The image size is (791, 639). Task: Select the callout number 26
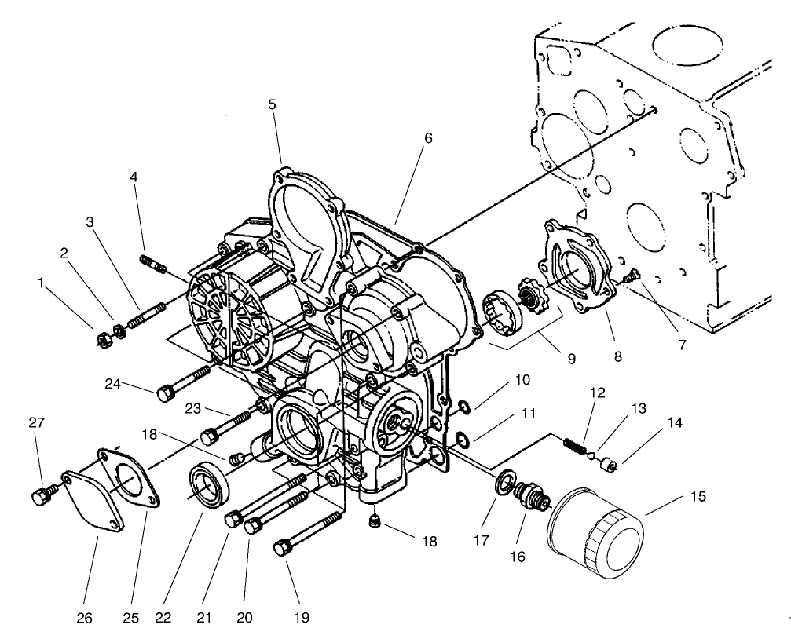tap(85, 618)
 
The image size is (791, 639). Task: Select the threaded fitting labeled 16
tap(525, 499)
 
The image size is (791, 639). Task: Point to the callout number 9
tap(571, 359)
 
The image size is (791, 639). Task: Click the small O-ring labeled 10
tap(464, 407)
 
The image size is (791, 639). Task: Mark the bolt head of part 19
tap(284, 547)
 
